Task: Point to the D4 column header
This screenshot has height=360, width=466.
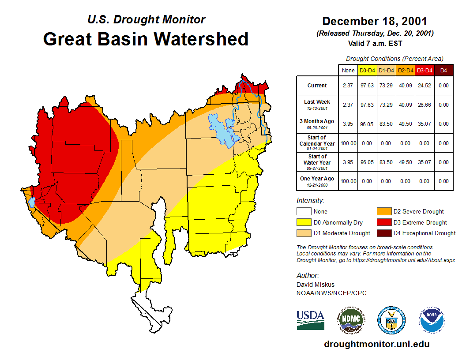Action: tap(443, 70)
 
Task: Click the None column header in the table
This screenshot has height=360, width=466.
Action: tap(348, 70)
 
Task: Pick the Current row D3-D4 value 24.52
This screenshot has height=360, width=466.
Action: tap(425, 86)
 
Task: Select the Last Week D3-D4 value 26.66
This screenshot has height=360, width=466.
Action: tap(425, 105)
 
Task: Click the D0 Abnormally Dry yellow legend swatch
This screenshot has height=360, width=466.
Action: tap(304, 222)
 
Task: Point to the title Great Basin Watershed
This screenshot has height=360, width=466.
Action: tap(146, 39)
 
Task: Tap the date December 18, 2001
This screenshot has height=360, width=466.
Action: tap(375, 21)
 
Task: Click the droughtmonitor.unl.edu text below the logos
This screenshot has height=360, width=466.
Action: tap(376, 344)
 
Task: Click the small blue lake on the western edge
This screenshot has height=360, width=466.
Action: tap(32, 202)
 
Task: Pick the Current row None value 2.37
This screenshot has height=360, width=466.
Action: tap(348, 86)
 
